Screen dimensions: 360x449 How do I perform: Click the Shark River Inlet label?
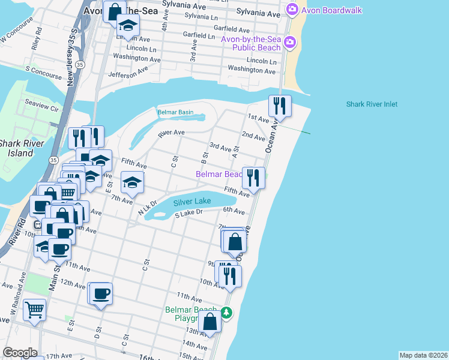point(372,104)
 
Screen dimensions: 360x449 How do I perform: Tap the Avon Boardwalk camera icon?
point(292,9)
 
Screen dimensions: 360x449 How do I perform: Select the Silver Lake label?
point(192,202)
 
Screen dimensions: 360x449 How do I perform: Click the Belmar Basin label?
point(175,112)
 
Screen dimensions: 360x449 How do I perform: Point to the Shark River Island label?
point(16,148)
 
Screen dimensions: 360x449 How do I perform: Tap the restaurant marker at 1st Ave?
point(280,106)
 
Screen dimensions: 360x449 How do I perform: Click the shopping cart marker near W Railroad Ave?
point(35,310)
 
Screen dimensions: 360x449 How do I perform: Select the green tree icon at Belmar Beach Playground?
point(226,313)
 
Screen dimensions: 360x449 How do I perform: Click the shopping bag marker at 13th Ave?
point(210,321)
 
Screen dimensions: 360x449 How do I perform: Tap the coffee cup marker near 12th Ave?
point(101,294)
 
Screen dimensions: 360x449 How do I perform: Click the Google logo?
point(19,353)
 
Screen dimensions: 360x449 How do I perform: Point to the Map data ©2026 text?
point(423,355)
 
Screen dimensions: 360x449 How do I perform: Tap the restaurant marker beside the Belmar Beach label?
point(253,178)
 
